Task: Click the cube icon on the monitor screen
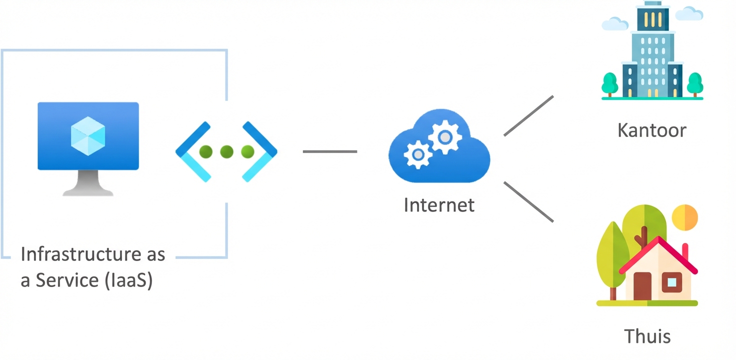88,134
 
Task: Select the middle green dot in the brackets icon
226,151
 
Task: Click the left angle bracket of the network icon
192,151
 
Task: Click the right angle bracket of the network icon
260,151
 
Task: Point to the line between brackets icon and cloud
330,151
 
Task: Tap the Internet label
439,205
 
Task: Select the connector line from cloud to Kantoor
528,115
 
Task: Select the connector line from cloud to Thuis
528,201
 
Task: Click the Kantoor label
651,130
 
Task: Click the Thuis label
647,335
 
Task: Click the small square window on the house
671,282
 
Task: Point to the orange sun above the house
684,216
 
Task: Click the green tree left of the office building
609,83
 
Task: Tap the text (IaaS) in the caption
129,280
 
